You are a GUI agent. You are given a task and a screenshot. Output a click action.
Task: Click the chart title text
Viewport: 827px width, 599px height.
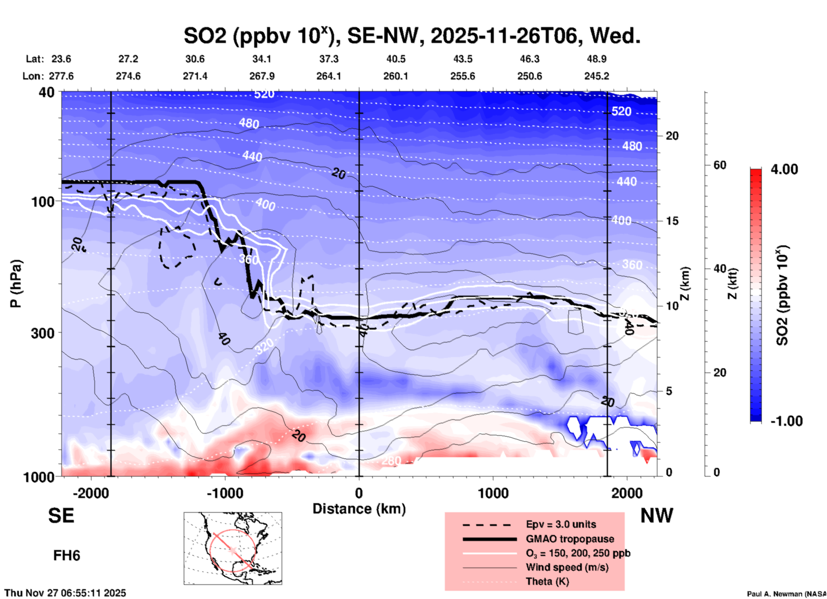[412, 36]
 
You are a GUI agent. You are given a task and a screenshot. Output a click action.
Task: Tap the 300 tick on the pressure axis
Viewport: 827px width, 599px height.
[43, 333]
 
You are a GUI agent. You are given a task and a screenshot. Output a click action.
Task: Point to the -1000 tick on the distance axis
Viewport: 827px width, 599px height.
[225, 493]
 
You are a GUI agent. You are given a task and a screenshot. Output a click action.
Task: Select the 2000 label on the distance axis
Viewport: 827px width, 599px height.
[627, 493]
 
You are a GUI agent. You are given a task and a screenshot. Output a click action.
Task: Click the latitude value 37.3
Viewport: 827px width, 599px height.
[328, 59]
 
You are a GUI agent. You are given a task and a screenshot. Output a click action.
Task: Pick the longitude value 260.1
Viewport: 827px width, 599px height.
[395, 76]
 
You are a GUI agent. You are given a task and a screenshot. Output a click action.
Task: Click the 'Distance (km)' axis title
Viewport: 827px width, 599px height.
[359, 509]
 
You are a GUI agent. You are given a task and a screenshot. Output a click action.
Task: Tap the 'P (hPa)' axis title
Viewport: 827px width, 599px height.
[16, 284]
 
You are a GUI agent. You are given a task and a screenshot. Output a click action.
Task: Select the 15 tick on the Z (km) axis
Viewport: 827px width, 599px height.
[672, 221]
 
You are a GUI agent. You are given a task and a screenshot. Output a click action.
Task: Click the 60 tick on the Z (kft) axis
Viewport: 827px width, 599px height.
[720, 165]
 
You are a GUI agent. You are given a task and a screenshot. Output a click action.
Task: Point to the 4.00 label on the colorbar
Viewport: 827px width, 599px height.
[784, 169]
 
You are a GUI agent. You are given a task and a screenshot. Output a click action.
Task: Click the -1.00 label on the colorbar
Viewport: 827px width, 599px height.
[786, 421]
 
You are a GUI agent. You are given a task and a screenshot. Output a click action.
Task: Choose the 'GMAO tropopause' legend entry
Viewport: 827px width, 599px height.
[570, 539]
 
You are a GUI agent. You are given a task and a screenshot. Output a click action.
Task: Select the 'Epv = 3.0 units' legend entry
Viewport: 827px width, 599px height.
[561, 524]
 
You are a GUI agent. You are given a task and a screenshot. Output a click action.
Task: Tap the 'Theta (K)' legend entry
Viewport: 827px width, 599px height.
[547, 581]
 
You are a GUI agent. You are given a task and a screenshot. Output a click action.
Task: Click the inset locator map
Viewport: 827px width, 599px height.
[233, 548]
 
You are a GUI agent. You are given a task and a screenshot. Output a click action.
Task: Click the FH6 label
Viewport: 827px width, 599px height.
[67, 556]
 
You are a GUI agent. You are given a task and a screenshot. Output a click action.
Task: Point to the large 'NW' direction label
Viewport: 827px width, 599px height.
[657, 516]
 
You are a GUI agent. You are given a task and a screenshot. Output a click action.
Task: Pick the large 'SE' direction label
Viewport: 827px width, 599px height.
[61, 516]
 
